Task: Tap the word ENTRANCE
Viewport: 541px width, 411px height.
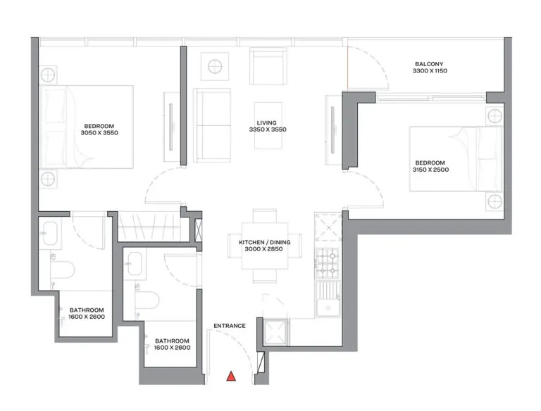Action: pyautogui.click(x=230, y=326)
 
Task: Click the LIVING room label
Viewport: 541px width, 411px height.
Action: pyautogui.click(x=267, y=122)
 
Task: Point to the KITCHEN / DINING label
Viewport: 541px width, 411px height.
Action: pyautogui.click(x=264, y=243)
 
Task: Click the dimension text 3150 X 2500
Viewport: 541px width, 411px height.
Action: pyautogui.click(x=430, y=170)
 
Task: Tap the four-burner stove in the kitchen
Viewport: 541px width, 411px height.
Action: pyautogui.click(x=327, y=261)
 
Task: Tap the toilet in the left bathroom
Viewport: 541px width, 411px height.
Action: pyautogui.click(x=64, y=271)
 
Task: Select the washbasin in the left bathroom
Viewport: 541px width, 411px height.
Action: pyautogui.click(x=51, y=234)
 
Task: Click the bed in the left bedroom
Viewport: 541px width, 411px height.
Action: pyautogui.click(x=88, y=127)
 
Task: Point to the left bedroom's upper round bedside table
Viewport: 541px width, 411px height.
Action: pyautogui.click(x=49, y=75)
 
